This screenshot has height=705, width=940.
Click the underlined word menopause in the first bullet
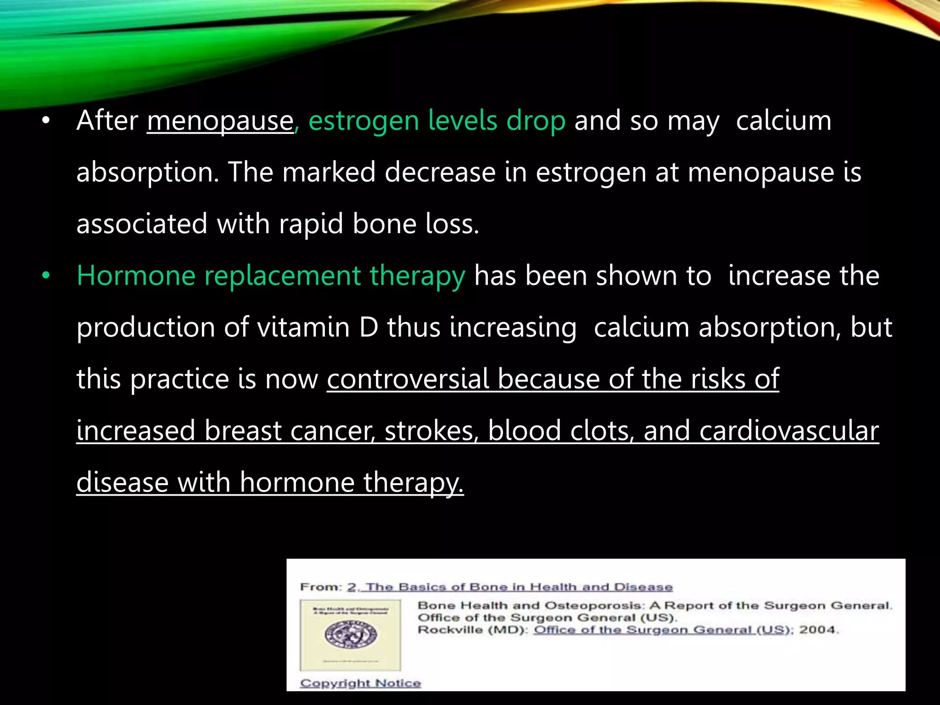220,121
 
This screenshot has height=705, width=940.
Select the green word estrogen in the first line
364,121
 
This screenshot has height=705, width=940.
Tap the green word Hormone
136,276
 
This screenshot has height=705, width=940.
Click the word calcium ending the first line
783,121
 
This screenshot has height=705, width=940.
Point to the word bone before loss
384,224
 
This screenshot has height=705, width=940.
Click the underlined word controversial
408,380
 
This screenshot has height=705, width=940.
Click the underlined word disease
123,483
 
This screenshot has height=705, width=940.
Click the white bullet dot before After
45,122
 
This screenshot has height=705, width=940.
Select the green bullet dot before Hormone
45,276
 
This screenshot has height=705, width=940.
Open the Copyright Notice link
360,683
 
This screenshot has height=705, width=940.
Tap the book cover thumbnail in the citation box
350,635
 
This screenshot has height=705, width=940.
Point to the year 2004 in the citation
817,630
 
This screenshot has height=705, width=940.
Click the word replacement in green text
282,276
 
